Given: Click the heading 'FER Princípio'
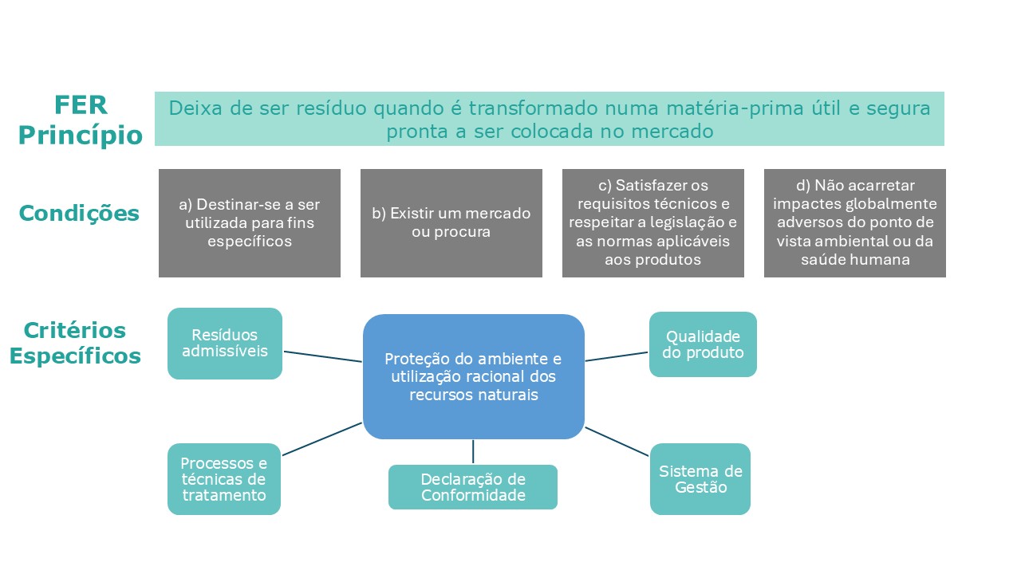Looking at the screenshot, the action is pyautogui.click(x=80, y=120).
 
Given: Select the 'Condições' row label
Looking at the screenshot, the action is pyautogui.click(x=79, y=214).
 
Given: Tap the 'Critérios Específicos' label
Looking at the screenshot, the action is pyautogui.click(x=75, y=343).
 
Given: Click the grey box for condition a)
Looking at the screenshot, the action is pyautogui.click(x=250, y=223).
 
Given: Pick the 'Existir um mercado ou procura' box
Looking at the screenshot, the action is pyautogui.click(x=451, y=223).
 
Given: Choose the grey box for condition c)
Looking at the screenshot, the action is pyautogui.click(x=653, y=223).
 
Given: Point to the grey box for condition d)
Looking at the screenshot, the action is pyautogui.click(x=855, y=223).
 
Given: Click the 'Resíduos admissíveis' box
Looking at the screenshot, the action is pyautogui.click(x=225, y=344).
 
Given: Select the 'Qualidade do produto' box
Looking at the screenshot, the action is pyautogui.click(x=703, y=344).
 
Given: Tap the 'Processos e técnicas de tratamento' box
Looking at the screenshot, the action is pyautogui.click(x=224, y=479).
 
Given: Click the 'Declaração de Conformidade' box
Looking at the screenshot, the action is pyautogui.click(x=473, y=487).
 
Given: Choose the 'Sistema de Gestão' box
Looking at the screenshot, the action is pyautogui.click(x=700, y=479).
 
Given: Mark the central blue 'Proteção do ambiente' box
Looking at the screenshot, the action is pyautogui.click(x=474, y=376).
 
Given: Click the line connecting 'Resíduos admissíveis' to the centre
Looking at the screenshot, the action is pyautogui.click(x=323, y=356).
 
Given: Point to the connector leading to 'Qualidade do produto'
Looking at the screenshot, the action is pyautogui.click(x=617, y=356).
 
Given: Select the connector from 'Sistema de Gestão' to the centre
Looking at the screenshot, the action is pyautogui.click(x=617, y=442).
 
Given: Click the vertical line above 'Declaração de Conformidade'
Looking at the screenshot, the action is pyautogui.click(x=473, y=452).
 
